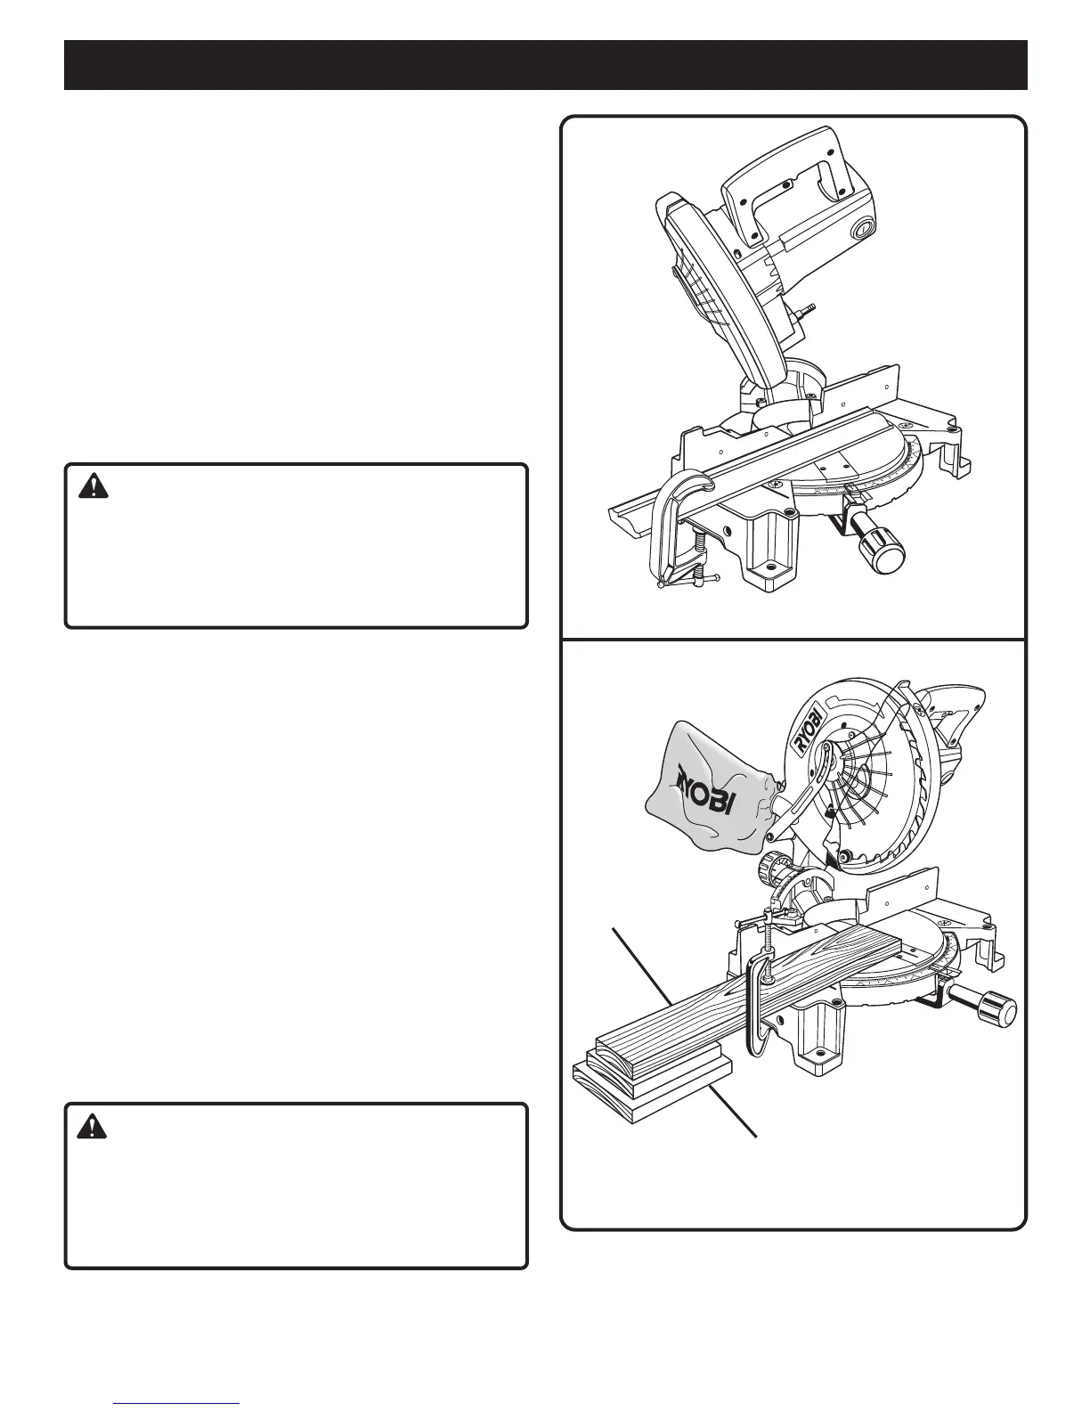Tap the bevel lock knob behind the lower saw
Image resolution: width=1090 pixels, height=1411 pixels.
pos(774,869)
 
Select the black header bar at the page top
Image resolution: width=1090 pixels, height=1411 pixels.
pos(545,64)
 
